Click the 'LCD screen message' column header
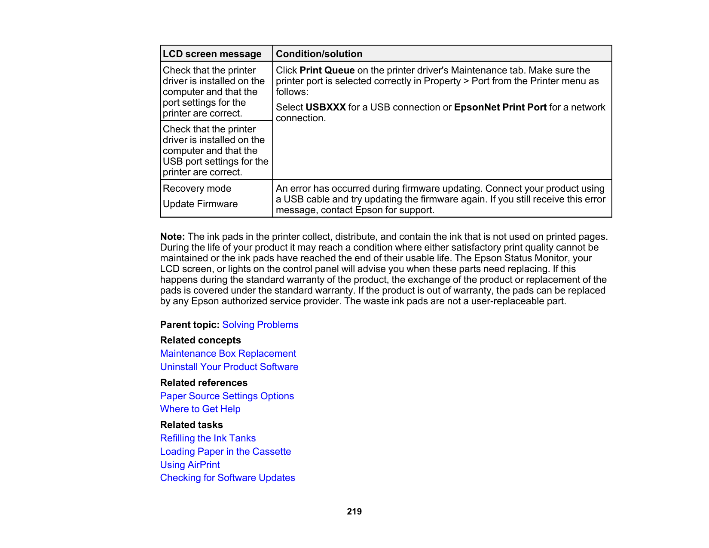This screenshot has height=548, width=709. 212,54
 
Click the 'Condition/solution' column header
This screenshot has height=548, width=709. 319,54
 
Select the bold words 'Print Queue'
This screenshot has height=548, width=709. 327,70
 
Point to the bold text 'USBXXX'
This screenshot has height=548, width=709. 325,107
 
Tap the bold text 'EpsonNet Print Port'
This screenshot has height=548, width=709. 500,107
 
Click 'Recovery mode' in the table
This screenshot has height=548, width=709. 197,189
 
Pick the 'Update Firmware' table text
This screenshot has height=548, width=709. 200,204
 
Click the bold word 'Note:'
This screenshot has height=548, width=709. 172,237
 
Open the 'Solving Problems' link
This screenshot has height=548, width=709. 260,325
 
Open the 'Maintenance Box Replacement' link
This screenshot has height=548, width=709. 228,354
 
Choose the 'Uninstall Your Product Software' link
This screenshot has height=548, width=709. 229,367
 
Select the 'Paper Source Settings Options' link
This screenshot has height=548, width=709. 227,396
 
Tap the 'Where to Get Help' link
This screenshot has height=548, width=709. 200,409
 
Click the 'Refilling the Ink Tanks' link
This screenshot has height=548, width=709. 208,438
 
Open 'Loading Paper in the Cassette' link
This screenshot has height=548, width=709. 225,452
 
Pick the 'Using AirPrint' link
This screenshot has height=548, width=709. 189,465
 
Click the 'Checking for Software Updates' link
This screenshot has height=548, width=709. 227,478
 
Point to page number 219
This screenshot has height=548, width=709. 354,511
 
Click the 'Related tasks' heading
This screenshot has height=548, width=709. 191,425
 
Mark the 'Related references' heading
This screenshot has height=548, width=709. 204,383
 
